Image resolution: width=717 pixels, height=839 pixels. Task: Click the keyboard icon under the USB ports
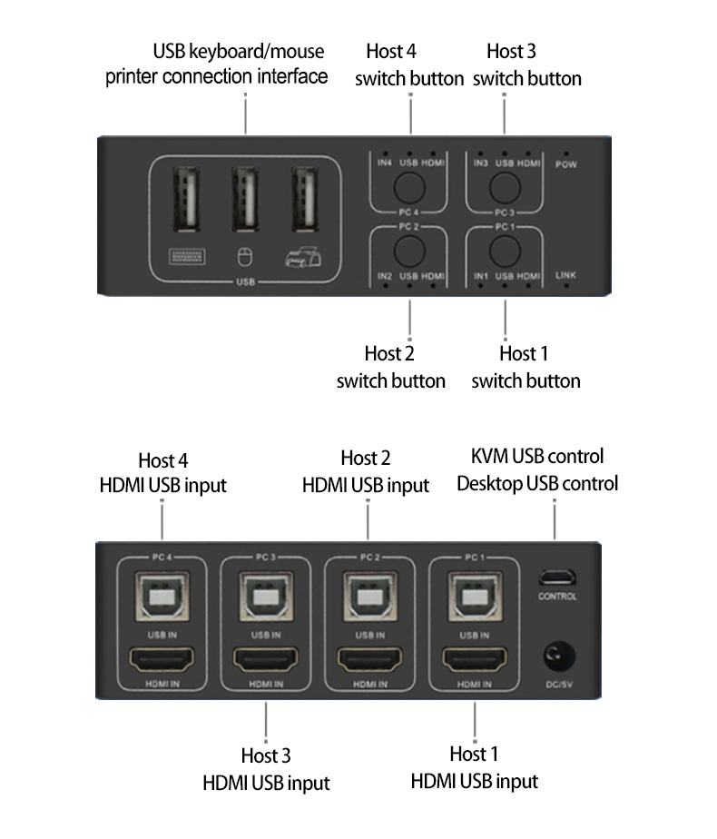pyautogui.click(x=183, y=257)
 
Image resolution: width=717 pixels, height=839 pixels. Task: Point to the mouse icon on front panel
pyautogui.click(x=243, y=259)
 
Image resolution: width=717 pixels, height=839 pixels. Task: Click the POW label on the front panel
pyautogui.click(x=566, y=164)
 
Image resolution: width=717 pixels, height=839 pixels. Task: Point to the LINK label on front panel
pyautogui.click(x=566, y=274)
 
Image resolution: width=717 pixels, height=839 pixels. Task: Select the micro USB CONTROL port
pyautogui.click(x=557, y=577)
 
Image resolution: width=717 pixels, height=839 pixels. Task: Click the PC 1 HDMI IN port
pyautogui.click(x=474, y=657)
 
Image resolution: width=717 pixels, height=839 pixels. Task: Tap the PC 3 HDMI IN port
pyautogui.click(x=266, y=657)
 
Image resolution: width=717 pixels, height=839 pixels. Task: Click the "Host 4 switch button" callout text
pyautogui.click(x=409, y=64)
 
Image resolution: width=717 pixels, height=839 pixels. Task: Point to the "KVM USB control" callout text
pyautogui.click(x=537, y=456)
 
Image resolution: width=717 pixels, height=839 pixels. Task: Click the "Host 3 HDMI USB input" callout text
pyautogui.click(x=266, y=768)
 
